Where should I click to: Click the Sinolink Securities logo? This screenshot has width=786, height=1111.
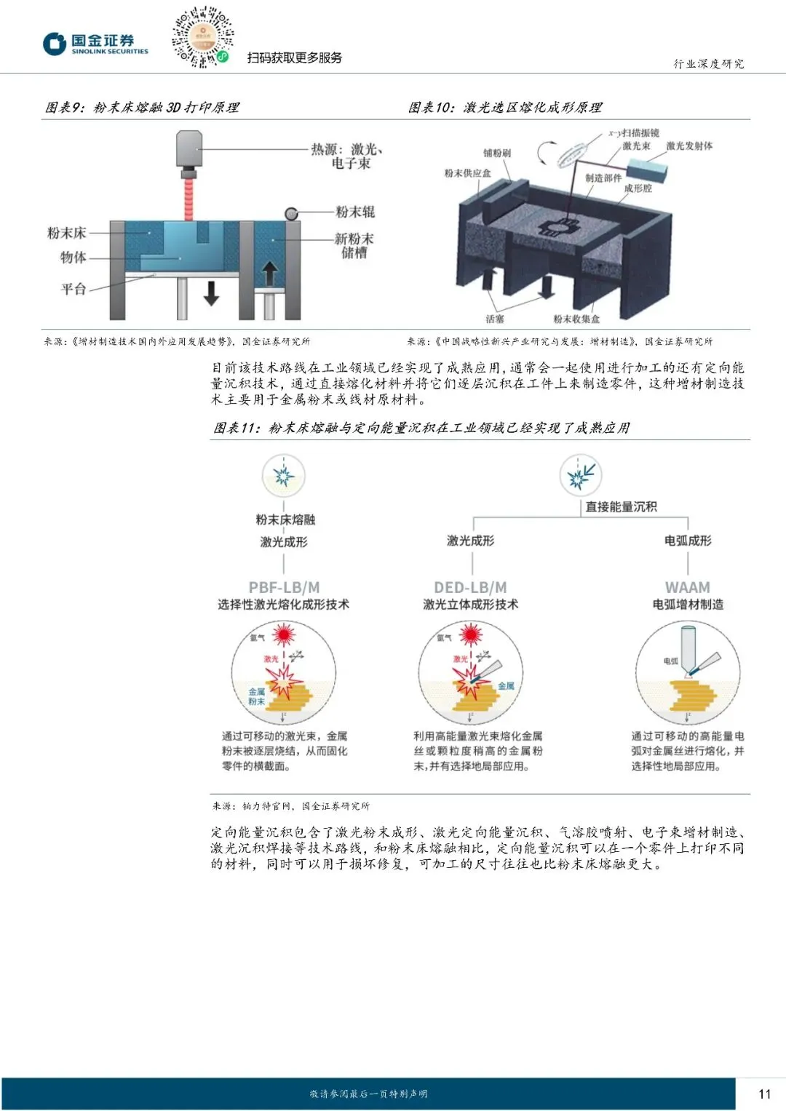[95, 44]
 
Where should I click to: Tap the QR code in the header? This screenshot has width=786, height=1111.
[202, 38]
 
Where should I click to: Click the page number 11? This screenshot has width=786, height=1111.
[764, 1094]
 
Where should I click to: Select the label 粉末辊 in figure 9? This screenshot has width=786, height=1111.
[355, 212]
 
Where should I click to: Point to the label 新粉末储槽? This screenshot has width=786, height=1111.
[354, 245]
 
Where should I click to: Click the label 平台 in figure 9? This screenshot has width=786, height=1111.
[74, 289]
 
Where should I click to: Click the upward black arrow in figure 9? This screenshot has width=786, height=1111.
[269, 274]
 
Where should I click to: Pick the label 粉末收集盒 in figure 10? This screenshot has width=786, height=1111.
[576, 319]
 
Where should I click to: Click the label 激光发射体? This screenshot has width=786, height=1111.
[689, 146]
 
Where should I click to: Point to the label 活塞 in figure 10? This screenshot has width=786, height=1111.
[495, 319]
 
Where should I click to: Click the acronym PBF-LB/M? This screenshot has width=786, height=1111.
[284, 587]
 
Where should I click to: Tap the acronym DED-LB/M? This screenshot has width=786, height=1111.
[470, 587]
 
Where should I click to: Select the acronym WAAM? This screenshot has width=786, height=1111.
[687, 587]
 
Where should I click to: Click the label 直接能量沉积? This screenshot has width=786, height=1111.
[621, 506]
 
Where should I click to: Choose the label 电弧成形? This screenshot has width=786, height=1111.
[688, 541]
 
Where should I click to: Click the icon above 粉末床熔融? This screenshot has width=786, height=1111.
[283, 477]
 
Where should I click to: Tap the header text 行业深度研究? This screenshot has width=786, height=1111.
[708, 64]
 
